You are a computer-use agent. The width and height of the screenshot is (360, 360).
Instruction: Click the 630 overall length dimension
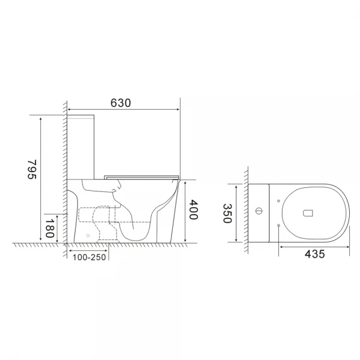point(121,102)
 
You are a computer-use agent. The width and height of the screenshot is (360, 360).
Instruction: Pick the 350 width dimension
point(227,212)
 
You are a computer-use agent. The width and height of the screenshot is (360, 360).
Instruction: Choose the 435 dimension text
point(314,254)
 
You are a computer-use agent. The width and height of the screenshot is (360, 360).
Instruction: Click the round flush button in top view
point(259,211)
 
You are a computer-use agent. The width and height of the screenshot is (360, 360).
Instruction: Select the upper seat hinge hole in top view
point(280,199)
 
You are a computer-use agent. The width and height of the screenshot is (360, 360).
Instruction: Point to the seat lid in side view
point(142,176)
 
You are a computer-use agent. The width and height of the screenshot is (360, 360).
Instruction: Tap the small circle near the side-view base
point(88,236)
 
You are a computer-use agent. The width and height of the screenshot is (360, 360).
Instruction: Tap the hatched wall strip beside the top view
point(247,210)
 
